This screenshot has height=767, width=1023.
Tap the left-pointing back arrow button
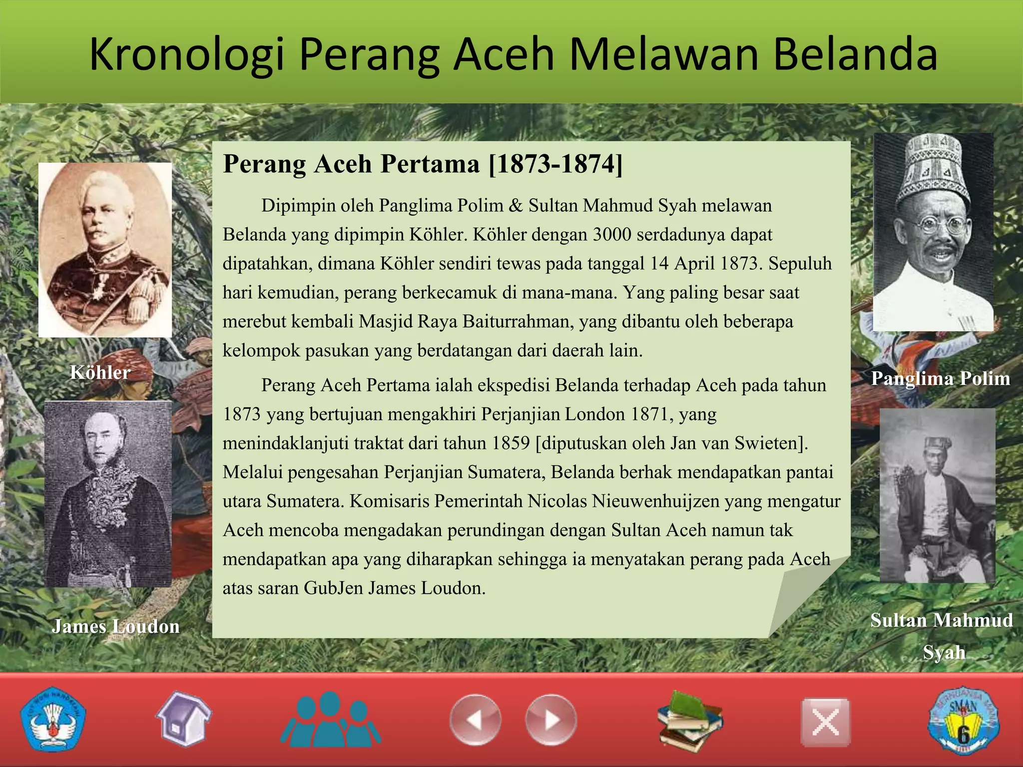click(475, 720)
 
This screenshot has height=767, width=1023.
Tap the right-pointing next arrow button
click(550, 720)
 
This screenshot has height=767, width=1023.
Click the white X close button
click(825, 722)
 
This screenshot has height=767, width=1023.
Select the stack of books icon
click(690, 721)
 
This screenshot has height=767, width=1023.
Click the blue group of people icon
click(330, 719)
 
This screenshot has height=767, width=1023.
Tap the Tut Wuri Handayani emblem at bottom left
click(53, 720)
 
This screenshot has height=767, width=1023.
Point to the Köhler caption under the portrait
click(100, 373)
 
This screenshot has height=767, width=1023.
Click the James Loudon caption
click(115, 626)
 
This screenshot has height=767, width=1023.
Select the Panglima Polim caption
click(940, 379)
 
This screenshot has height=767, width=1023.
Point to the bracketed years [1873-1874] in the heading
click(555, 164)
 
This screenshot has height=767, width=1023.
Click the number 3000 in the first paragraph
click(611, 234)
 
